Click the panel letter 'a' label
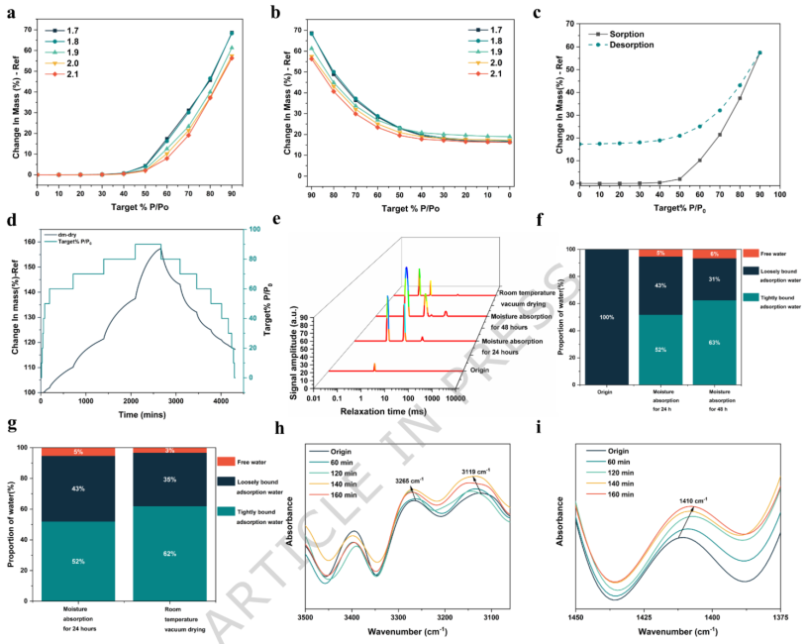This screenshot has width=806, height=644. [x=11, y=12]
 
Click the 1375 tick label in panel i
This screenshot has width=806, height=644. [x=779, y=616]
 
